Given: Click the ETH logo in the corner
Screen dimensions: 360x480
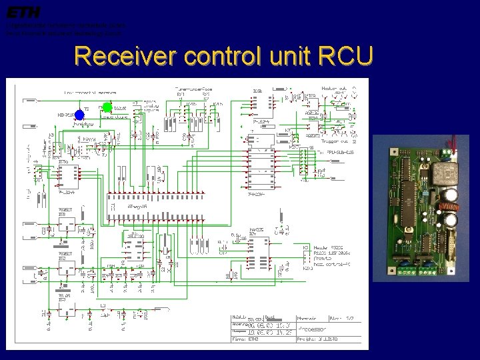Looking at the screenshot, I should [x=24, y=11].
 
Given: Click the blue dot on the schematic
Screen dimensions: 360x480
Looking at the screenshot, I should [x=79, y=114].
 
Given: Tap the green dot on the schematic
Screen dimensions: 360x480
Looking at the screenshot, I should [x=107, y=107].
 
